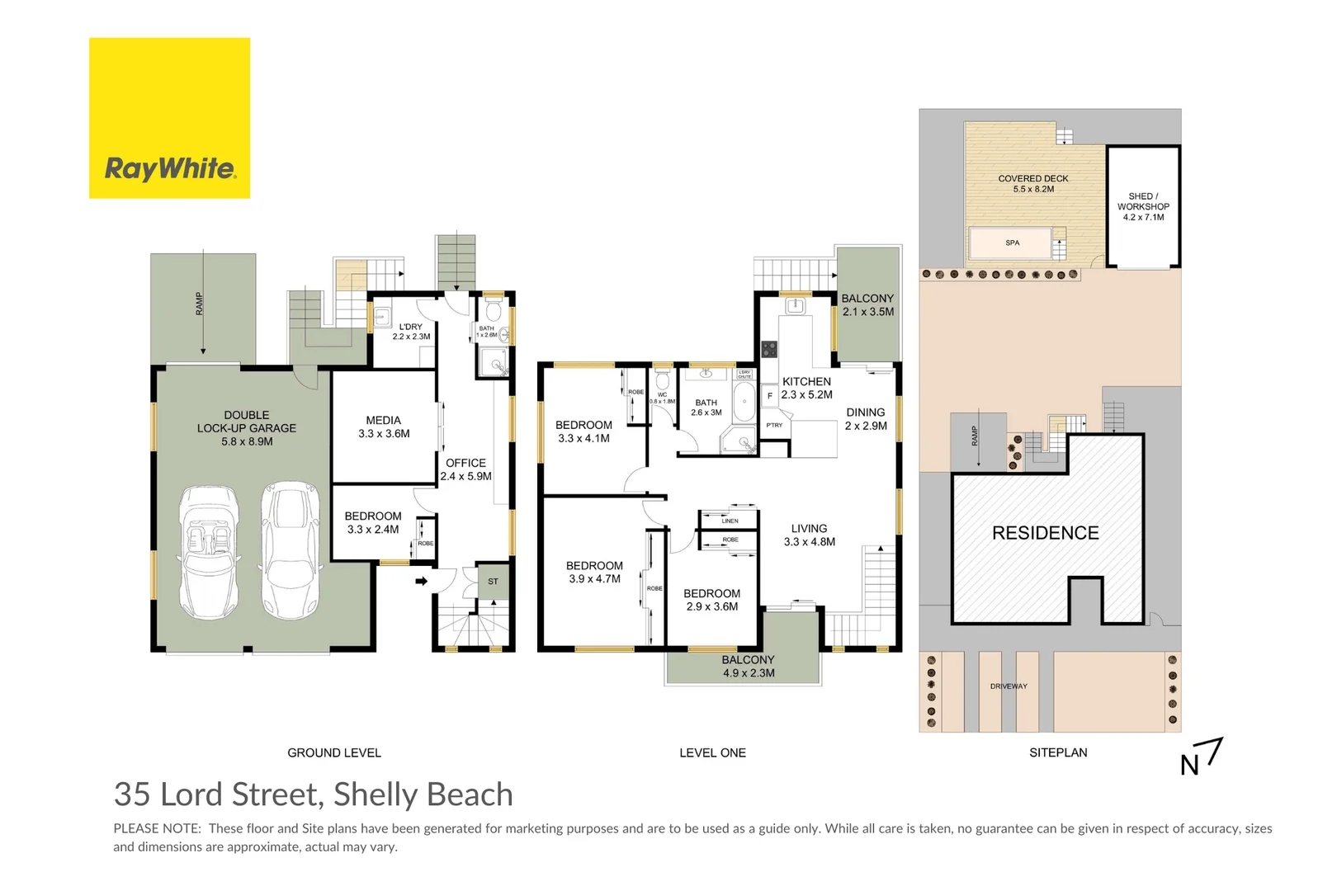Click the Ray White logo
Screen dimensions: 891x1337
(169, 118)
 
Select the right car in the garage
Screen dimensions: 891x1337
(290, 551)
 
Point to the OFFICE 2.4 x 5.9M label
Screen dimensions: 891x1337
(465, 469)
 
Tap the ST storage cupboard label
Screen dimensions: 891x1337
(493, 582)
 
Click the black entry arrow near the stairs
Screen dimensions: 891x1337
(421, 582)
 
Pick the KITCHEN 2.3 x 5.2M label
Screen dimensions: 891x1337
(806, 388)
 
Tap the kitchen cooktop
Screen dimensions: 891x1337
(769, 349)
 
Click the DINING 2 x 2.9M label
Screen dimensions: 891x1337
(866, 419)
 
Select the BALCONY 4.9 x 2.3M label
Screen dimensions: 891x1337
(749, 667)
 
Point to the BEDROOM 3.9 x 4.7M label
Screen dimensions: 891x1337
(594, 572)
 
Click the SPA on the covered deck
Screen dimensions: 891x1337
(1012, 243)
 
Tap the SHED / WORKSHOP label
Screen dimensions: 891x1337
(1143, 206)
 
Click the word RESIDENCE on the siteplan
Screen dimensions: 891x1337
(1045, 533)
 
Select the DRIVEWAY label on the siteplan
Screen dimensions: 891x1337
(1009, 686)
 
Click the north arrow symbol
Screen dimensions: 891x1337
(1202, 757)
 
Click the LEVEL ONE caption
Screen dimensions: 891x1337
(712, 752)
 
